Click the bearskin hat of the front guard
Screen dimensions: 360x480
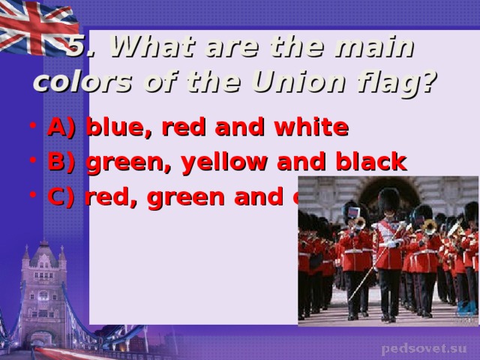(x=388, y=200)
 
